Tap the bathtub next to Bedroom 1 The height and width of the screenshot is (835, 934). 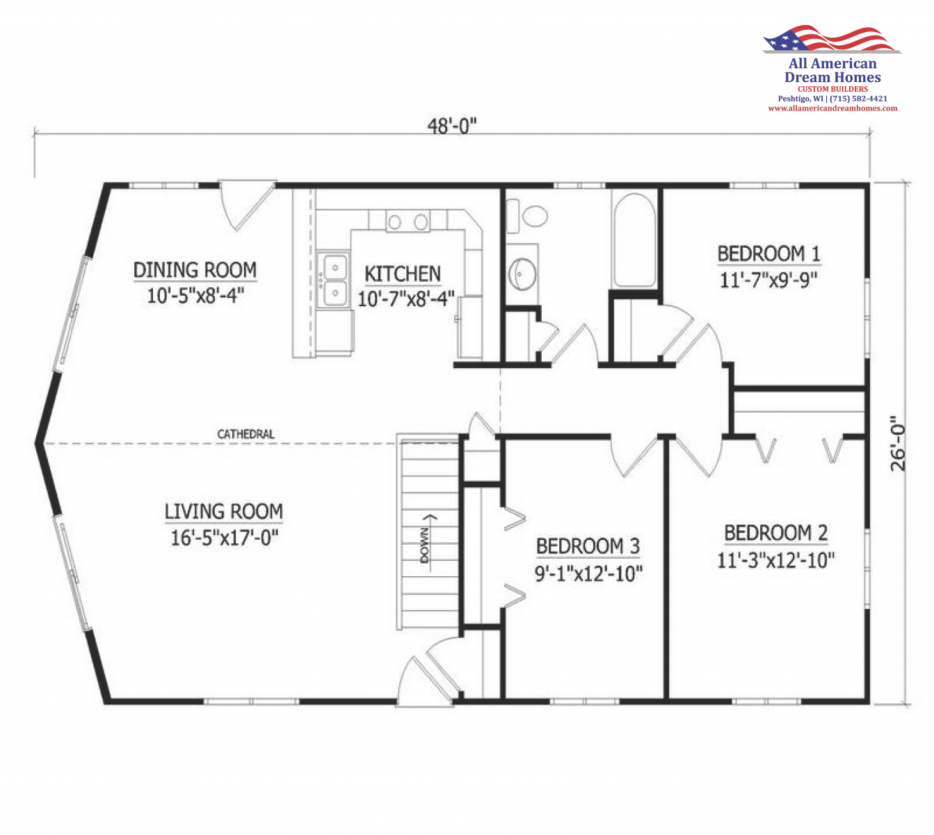[634, 240]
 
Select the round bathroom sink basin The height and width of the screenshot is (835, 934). [522, 274]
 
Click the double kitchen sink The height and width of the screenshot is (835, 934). [335, 280]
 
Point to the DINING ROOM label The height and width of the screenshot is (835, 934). [195, 270]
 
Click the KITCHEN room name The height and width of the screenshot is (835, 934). [403, 274]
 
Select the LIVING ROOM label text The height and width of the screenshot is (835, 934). [223, 511]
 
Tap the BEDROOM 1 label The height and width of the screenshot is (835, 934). [769, 254]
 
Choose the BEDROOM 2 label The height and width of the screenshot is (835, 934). [776, 533]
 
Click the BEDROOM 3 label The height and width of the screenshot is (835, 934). [588, 547]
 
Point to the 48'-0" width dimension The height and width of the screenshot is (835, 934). [452, 125]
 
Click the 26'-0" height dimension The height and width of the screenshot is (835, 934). [898, 444]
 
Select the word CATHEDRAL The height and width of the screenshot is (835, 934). [245, 434]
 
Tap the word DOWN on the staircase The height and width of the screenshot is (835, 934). [425, 546]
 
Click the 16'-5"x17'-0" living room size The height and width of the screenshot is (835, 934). [225, 538]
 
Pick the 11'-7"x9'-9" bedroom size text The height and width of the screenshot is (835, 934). [768, 280]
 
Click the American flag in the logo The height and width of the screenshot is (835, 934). [831, 39]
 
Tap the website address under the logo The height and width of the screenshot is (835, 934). [832, 109]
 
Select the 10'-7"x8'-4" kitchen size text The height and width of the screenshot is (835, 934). [406, 299]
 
